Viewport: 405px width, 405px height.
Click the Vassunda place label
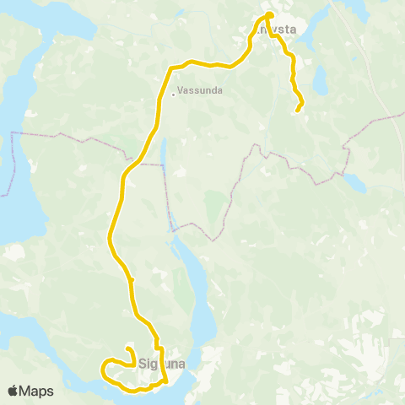201,93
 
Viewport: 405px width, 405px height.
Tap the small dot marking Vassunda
174,94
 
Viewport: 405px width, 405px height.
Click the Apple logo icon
13,391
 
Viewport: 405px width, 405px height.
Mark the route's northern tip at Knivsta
270,14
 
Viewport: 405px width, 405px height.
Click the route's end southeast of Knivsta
297,111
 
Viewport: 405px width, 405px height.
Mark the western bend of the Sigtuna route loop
102,370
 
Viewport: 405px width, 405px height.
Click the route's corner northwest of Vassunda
172,68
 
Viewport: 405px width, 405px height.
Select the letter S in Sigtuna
141,365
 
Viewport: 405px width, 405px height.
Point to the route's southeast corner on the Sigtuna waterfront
165,381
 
